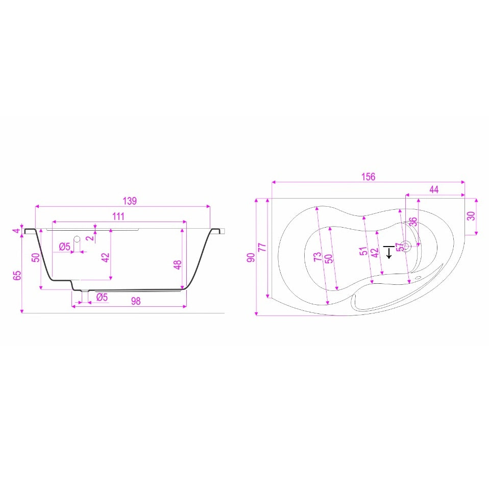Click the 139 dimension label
click(x=130, y=201)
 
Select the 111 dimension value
click(x=118, y=216)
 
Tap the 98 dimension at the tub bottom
click(x=136, y=301)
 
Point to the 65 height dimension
click(x=17, y=275)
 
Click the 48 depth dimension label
click(x=178, y=265)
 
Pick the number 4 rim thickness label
click(x=17, y=231)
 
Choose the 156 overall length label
click(x=369, y=177)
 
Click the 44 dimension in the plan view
click(x=434, y=189)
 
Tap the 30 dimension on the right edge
click(x=471, y=216)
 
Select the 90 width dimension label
click(x=251, y=257)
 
